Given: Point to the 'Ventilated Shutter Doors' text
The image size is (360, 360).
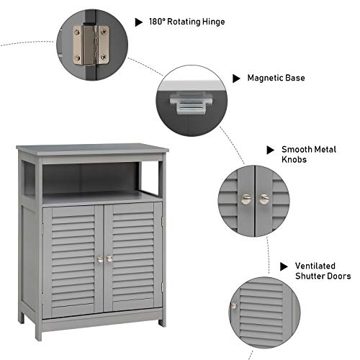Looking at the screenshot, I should (323, 270).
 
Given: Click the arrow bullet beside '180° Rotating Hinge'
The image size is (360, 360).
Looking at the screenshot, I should (138, 22).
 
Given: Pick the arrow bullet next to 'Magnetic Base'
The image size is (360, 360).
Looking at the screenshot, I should (235, 77).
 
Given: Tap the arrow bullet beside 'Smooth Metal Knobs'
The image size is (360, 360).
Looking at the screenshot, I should (271, 149).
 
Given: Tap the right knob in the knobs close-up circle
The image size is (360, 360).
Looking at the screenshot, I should (264, 199).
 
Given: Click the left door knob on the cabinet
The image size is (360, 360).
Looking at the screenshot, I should (99, 258).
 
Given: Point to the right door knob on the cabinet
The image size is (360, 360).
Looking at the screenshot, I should (110, 258).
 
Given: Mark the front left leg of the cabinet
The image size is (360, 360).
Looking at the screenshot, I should (38, 330).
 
